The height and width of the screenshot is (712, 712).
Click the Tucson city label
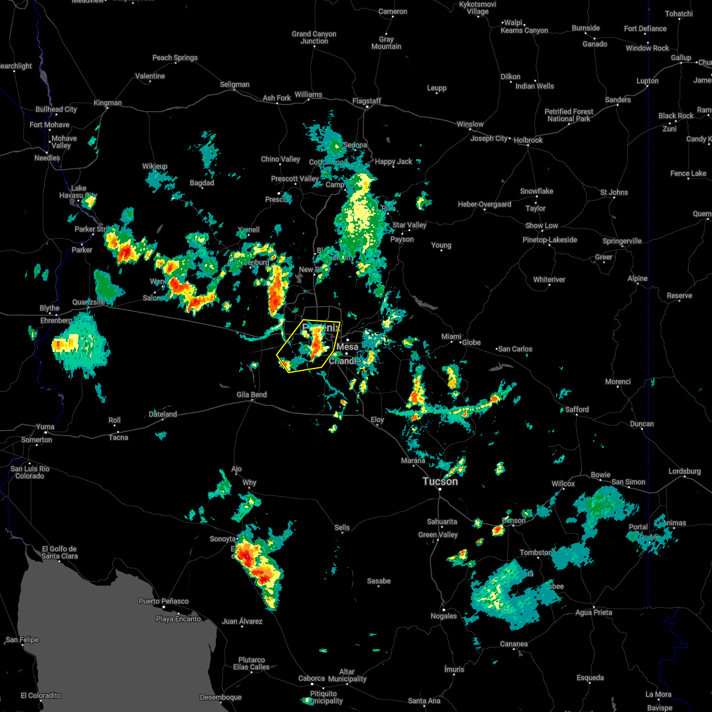tap(440, 482)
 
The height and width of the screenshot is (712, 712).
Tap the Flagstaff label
tap(367, 101)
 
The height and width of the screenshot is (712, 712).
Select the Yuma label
tap(45, 427)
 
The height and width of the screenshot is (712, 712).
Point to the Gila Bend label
tap(252, 395)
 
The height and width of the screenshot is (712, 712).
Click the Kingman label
tap(107, 103)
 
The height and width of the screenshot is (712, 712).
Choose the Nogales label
tap(444, 616)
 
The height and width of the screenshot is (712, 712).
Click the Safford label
tap(577, 409)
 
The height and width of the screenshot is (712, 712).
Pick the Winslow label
tap(470, 124)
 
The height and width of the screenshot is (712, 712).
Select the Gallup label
tap(681, 58)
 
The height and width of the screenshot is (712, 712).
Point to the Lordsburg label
tap(685, 471)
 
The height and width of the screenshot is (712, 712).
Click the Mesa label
tap(348, 347)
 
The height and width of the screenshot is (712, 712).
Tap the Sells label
tap(342, 527)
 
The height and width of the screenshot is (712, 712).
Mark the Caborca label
tap(311, 678)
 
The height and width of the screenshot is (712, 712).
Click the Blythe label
tap(50, 308)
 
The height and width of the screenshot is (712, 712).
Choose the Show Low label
tap(542, 225)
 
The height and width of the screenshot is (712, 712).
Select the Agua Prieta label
tap(594, 612)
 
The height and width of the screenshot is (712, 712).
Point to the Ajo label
tap(236, 469)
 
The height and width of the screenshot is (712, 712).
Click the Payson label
tap(402, 239)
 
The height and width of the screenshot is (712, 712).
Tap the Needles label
tap(47, 158)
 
